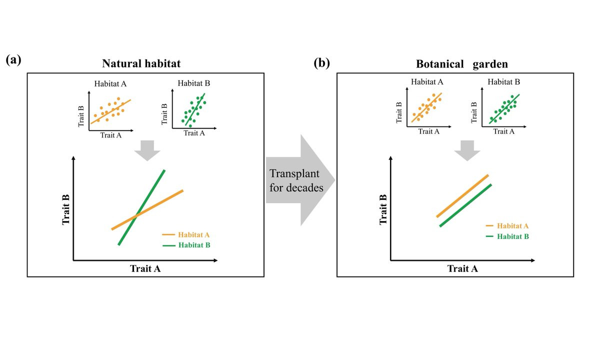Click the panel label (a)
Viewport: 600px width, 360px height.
coord(13,60)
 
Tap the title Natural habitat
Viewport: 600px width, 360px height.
coord(141,63)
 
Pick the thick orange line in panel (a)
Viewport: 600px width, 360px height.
coord(160,202)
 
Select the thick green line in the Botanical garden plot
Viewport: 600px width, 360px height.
coord(465,205)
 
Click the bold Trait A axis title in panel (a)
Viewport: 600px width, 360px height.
coord(145,268)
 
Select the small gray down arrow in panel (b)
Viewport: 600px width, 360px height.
coord(467,150)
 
